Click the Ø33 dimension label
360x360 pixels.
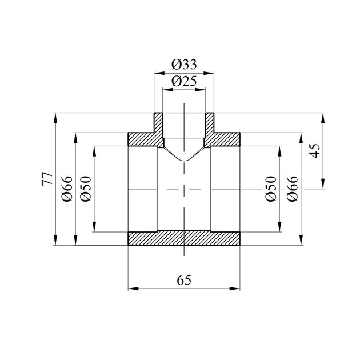[184, 65]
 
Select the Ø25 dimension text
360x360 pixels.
[184, 81]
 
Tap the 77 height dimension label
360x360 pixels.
[47, 179]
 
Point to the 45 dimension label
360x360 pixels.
[314, 151]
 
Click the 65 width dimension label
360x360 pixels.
[184, 280]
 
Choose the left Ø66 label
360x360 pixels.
[67, 189]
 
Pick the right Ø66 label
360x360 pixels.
[293, 189]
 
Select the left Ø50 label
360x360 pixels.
[86, 189]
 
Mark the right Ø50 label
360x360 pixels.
[271, 189]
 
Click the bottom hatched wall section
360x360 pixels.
[184, 238]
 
